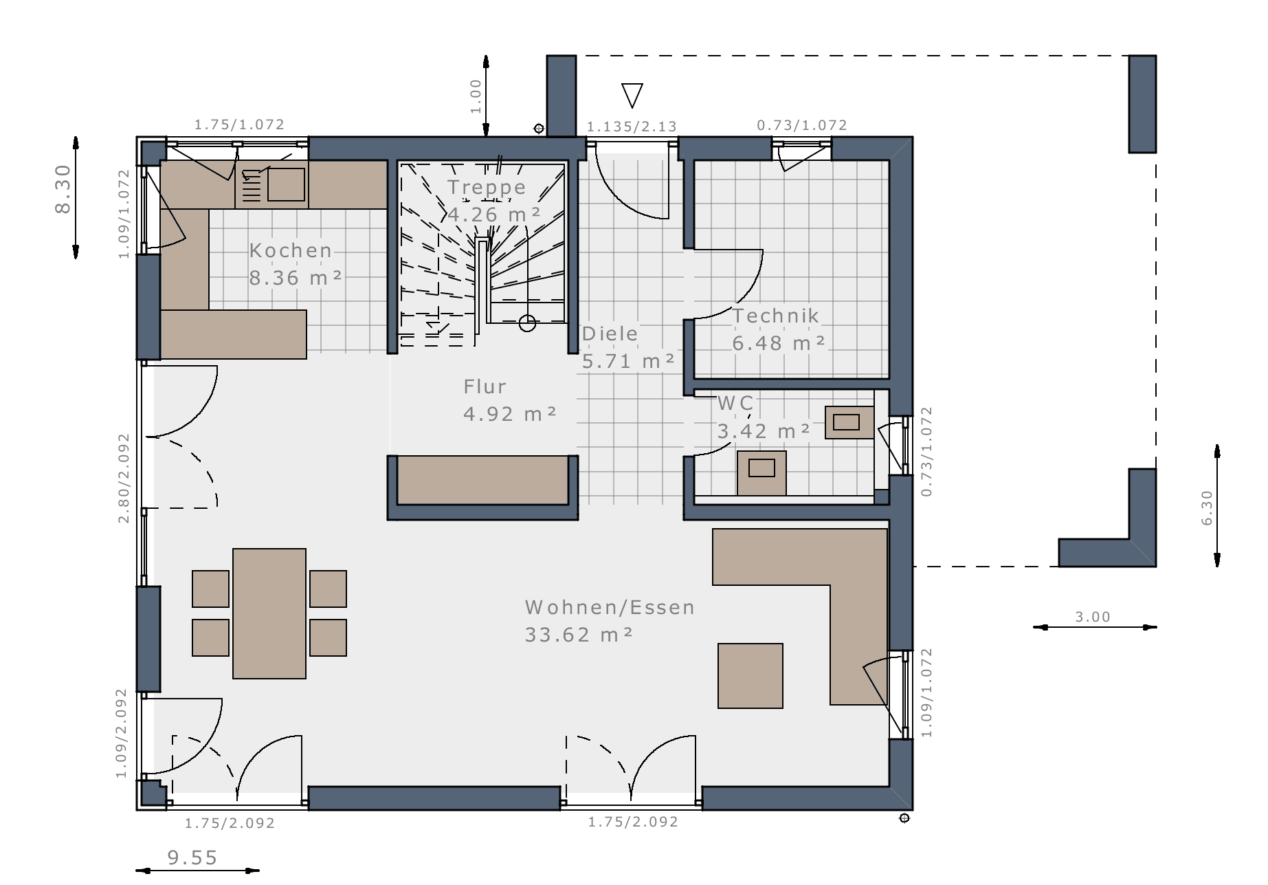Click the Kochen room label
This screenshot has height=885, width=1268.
tap(291, 250)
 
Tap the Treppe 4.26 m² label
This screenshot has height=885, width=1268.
tap(494, 201)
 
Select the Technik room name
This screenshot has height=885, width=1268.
tap(776, 316)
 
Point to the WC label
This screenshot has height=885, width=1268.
tap(735, 403)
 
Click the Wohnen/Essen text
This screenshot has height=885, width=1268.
tap(610, 607)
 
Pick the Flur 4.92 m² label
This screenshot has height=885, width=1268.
tap(509, 400)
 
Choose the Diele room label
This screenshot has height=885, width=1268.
tap(610, 334)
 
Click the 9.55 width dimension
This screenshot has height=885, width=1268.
tap(192, 857)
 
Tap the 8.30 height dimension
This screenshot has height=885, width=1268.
tap(63, 189)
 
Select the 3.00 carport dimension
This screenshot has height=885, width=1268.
tap(1093, 617)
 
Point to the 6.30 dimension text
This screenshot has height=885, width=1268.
tap(1208, 508)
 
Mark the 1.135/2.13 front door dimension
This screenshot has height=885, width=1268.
tap(632, 127)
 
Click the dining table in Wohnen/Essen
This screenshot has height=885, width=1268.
tap(269, 613)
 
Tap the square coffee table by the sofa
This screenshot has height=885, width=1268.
tap(750, 676)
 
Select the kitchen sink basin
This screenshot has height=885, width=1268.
tap(286, 184)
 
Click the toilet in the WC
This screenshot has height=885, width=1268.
tap(761, 472)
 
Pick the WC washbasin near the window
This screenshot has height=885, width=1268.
tap(849, 422)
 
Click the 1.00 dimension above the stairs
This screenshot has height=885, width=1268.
tap(476, 96)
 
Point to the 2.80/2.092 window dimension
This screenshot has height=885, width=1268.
tap(124, 478)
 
